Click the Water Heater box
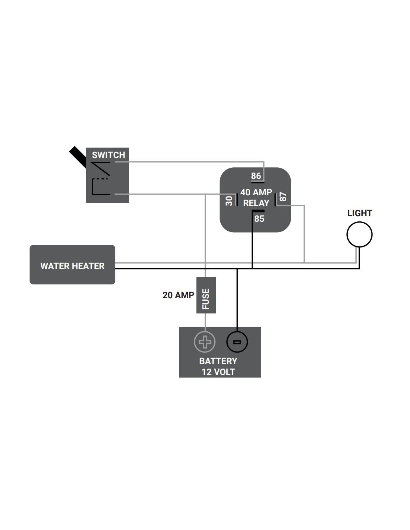tap(72, 265)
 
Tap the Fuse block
tap(206, 295)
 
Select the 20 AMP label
tap(178, 295)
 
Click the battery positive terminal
tap(205, 341)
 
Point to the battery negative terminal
tap(237, 342)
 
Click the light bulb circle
tap(359, 234)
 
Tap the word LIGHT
tap(360, 213)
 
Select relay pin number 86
tap(256, 176)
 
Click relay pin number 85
tap(259, 219)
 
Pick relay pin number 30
tap(229, 201)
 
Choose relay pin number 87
tap(283, 197)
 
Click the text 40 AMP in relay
tap(256, 192)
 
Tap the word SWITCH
tap(108, 155)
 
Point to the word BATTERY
tap(218, 361)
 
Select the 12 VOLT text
tap(218, 372)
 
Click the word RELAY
tap(256, 203)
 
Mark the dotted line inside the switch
tap(100, 179)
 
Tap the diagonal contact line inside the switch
tap(101, 168)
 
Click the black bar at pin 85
tap(258, 211)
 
